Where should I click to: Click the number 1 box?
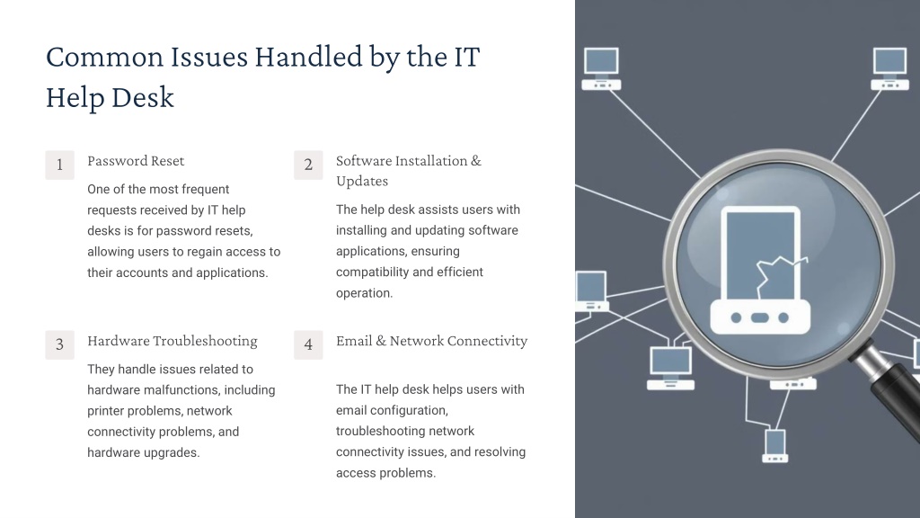(60, 165)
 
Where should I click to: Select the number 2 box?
(309, 165)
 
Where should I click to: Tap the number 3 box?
(60, 344)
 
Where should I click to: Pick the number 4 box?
(309, 344)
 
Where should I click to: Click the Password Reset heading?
(136, 161)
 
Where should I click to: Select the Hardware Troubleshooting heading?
(172, 341)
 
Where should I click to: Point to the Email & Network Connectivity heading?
(432, 341)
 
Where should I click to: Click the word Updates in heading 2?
(362, 182)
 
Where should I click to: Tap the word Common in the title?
(105, 58)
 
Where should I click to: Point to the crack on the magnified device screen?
(779, 274)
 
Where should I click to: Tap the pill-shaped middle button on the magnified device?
(760, 317)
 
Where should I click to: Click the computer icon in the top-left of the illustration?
(601, 68)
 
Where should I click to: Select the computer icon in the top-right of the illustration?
(890, 68)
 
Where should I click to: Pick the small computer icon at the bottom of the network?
(775, 446)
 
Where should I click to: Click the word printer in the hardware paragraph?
(108, 411)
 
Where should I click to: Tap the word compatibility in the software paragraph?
(372, 272)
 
